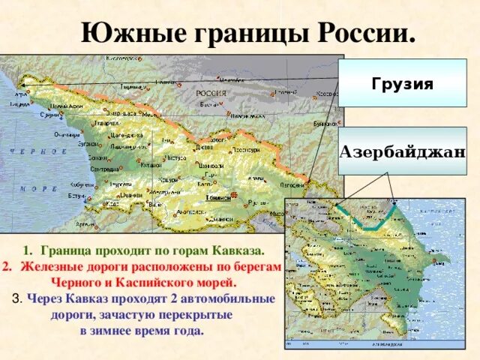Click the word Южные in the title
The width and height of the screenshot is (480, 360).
point(130,33)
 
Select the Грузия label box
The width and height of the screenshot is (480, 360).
point(402,83)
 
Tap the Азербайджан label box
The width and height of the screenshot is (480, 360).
point(402,151)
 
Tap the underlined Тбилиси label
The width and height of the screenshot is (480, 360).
point(217,197)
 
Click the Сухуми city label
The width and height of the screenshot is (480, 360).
point(49,115)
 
